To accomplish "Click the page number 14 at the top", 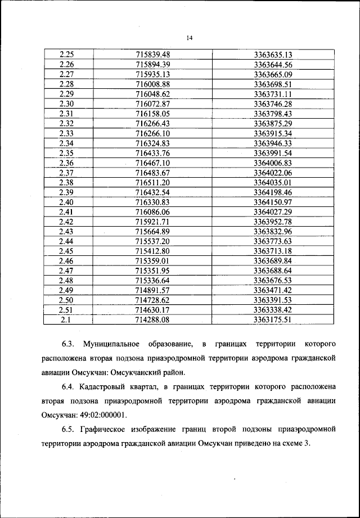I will pyautogui.click(x=190, y=38).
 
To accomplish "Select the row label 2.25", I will pyautogui.click(x=66, y=55).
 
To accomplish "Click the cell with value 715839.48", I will pyautogui.click(x=153, y=55).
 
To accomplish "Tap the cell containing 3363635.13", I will pyautogui.click(x=273, y=55).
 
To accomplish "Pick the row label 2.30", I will pyautogui.click(x=66, y=103).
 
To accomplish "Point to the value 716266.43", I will pyautogui.click(x=153, y=123).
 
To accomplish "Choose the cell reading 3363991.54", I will pyautogui.click(x=273, y=152).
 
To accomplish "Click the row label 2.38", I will pyautogui.click(x=66, y=182).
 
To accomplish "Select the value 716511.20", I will pyautogui.click(x=153, y=182).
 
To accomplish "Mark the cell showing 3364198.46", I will pyautogui.click(x=273, y=192).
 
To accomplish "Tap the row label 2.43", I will pyautogui.click(x=66, y=231).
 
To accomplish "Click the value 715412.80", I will pyautogui.click(x=153, y=251).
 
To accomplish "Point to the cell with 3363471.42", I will pyautogui.click(x=273, y=290).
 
